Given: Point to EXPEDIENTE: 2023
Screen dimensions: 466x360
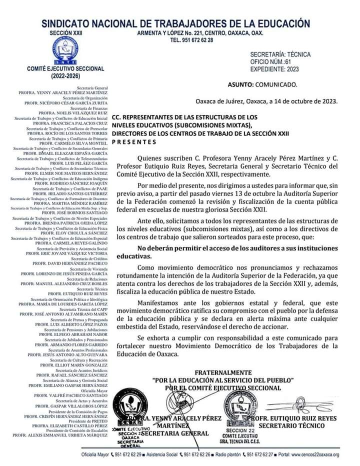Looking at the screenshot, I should (x=274, y=69).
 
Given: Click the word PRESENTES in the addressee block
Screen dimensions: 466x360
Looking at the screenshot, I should (x=134, y=141).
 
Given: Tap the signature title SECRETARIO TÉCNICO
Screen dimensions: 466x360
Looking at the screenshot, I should (x=291, y=425).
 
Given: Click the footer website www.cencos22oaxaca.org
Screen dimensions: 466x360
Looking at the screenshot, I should (x=310, y=455).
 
